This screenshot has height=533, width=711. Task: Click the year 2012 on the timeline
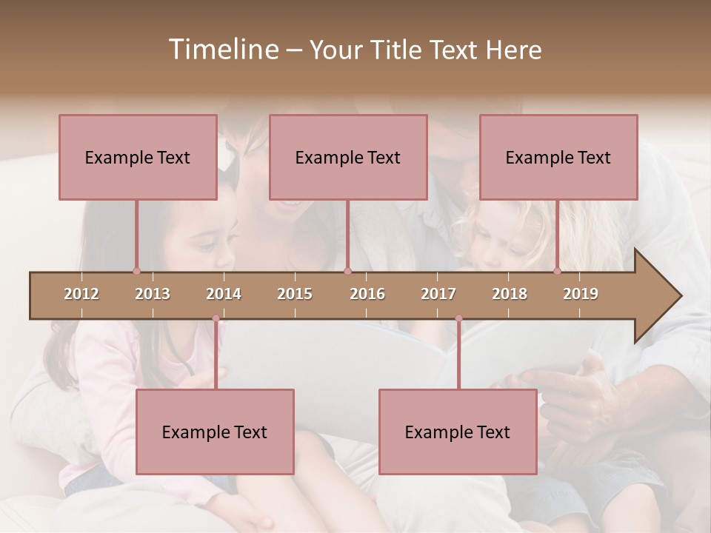point(81,294)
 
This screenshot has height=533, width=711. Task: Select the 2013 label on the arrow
point(153,294)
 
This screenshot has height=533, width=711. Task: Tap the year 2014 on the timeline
point(224,294)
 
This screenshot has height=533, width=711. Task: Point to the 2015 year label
point(295,294)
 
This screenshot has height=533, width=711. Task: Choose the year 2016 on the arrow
point(367,294)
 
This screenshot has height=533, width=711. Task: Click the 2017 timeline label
point(438,294)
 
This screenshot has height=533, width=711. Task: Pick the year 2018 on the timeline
point(510,294)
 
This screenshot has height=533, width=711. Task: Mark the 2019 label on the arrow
point(581,294)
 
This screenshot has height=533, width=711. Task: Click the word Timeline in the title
point(222,50)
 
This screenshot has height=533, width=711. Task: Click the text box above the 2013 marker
point(138,157)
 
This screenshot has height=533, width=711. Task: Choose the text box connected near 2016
point(348,157)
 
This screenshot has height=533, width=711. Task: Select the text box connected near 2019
point(558,157)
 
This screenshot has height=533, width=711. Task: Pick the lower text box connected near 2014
point(215,432)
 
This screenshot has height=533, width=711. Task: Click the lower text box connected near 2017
point(458,432)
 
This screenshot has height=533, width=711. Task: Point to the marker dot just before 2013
point(136,271)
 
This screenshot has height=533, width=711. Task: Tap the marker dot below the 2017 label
point(458,318)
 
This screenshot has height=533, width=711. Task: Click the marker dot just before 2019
point(557,271)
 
